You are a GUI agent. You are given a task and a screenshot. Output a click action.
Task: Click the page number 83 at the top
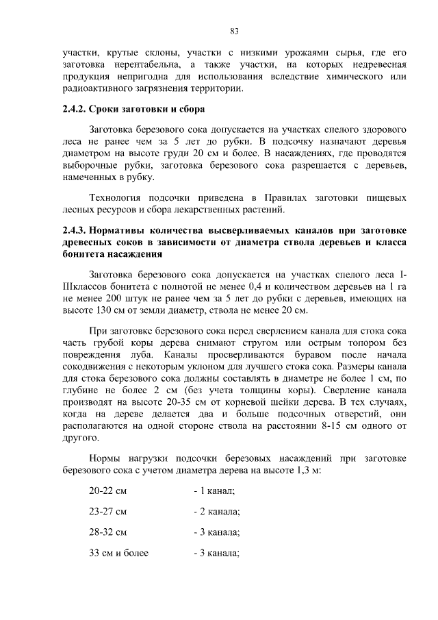[x=233, y=31]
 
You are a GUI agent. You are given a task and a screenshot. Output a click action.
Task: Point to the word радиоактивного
[x=94, y=89]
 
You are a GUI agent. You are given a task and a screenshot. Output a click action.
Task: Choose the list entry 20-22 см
[x=108, y=491]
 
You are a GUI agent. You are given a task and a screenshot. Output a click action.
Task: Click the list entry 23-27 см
[x=108, y=512]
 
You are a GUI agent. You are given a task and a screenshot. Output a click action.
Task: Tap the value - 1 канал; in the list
[x=215, y=491]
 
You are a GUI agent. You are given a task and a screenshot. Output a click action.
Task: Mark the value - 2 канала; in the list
[x=217, y=512]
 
